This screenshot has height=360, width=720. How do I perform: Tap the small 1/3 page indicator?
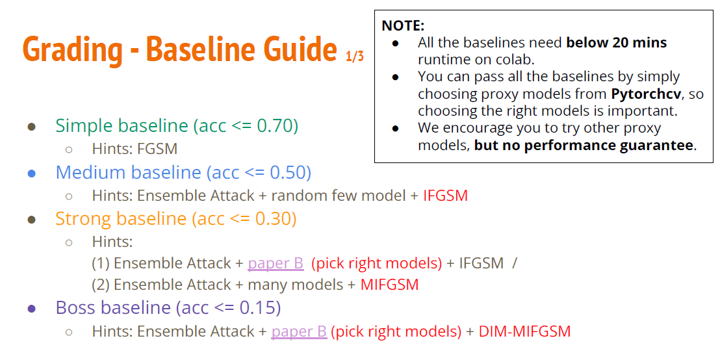click(x=354, y=56)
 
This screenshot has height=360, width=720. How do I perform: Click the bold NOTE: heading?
click(x=403, y=25)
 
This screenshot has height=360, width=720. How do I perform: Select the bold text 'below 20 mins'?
click(x=616, y=43)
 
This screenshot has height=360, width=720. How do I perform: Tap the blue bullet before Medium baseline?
click(x=32, y=174)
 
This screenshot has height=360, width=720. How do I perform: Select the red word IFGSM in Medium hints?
click(x=445, y=196)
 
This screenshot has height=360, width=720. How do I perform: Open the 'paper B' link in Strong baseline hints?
click(x=276, y=263)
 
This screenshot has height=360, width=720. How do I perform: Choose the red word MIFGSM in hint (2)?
click(x=389, y=285)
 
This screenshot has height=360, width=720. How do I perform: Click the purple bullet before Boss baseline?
click(x=32, y=309)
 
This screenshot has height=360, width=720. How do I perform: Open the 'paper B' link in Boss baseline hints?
click(x=299, y=331)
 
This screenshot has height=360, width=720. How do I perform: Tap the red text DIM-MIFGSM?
click(x=524, y=331)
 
